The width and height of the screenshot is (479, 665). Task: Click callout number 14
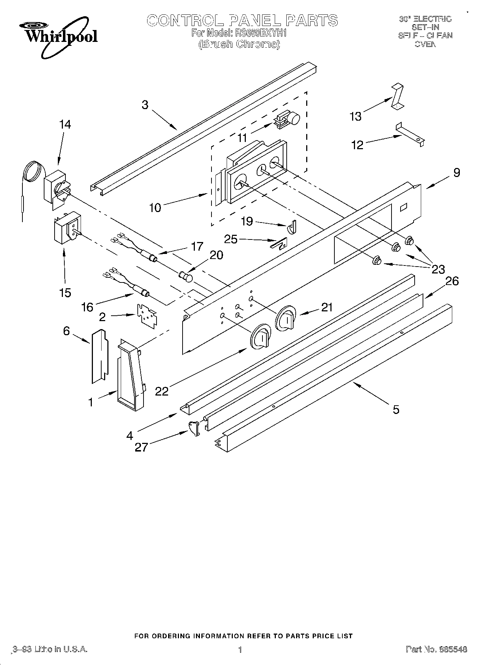tap(65, 125)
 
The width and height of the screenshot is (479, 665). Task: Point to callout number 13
tap(355, 116)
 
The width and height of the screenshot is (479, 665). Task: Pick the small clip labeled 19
tap(292, 227)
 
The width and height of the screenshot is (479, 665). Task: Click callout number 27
tap(141, 448)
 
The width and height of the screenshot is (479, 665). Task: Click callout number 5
tap(396, 409)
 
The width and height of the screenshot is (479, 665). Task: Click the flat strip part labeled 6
tap(99, 356)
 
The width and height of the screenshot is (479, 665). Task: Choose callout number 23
tap(437, 269)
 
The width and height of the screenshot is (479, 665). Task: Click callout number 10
tap(155, 208)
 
